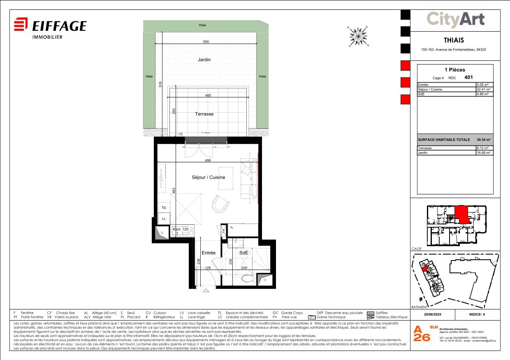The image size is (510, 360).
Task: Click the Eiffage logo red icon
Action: point(21,24)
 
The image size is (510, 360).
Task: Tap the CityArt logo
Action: point(455,19)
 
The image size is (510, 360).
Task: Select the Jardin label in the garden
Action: point(204,60)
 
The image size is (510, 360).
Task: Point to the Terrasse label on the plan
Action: point(204,114)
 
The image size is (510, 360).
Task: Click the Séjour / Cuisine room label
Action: point(209,177)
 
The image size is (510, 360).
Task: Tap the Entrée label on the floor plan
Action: point(209,253)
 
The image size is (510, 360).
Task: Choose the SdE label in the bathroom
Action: point(244,253)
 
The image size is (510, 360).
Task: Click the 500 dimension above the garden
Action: point(206,42)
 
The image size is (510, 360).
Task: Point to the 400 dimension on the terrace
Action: point(208,95)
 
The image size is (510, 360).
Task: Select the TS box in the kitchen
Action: point(164,208)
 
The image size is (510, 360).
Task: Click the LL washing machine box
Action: point(164,219)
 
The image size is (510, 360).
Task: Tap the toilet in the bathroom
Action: point(247,279)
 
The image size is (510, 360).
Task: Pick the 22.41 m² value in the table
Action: point(484,89)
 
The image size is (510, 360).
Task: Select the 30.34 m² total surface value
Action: point(484,140)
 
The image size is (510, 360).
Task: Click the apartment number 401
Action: point(468,77)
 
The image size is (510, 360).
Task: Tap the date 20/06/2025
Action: point(433,315)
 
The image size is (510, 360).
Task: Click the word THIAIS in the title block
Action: point(454,40)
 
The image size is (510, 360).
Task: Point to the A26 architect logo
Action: point(422,334)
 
